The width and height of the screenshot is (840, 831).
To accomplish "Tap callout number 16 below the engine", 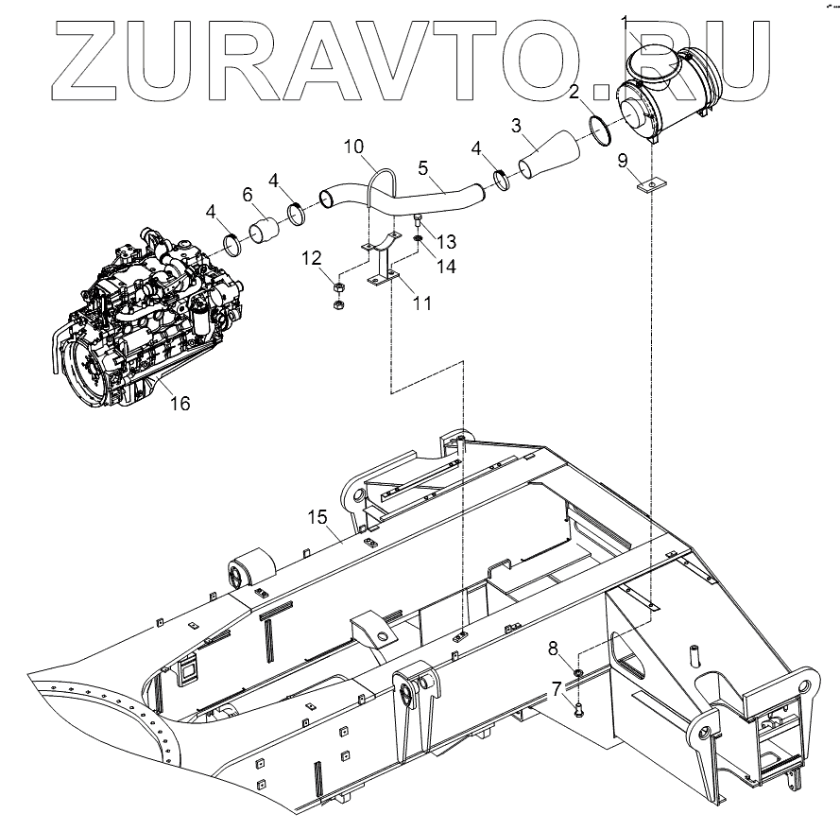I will coord(179,404).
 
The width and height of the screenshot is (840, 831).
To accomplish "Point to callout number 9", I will coord(622,161).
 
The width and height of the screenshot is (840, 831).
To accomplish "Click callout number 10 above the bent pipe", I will coord(352,147).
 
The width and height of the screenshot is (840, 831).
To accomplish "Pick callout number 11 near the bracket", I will coord(421,303).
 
